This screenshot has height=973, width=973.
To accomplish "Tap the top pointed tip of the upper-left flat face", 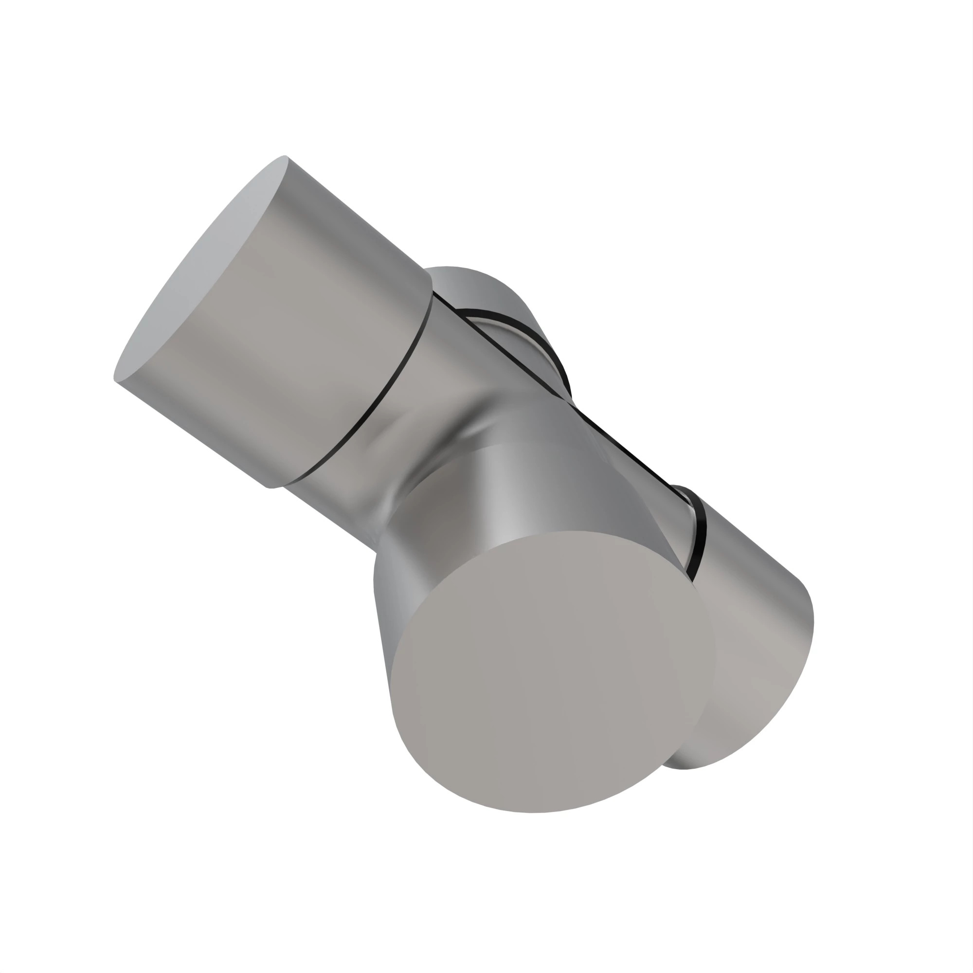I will coord(284,157).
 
